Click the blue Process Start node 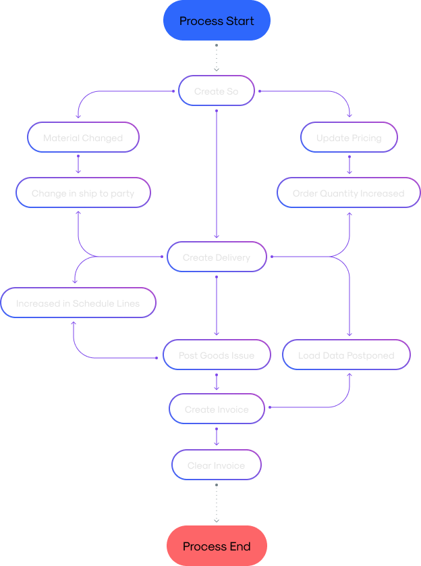click(217, 21)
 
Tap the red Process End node click(217, 546)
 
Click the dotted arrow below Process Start click(217, 57)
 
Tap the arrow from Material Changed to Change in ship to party click(78, 164)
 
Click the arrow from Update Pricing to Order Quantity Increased click(349, 164)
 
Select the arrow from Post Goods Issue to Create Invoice click(217, 382)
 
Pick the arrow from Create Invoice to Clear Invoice click(217, 436)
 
